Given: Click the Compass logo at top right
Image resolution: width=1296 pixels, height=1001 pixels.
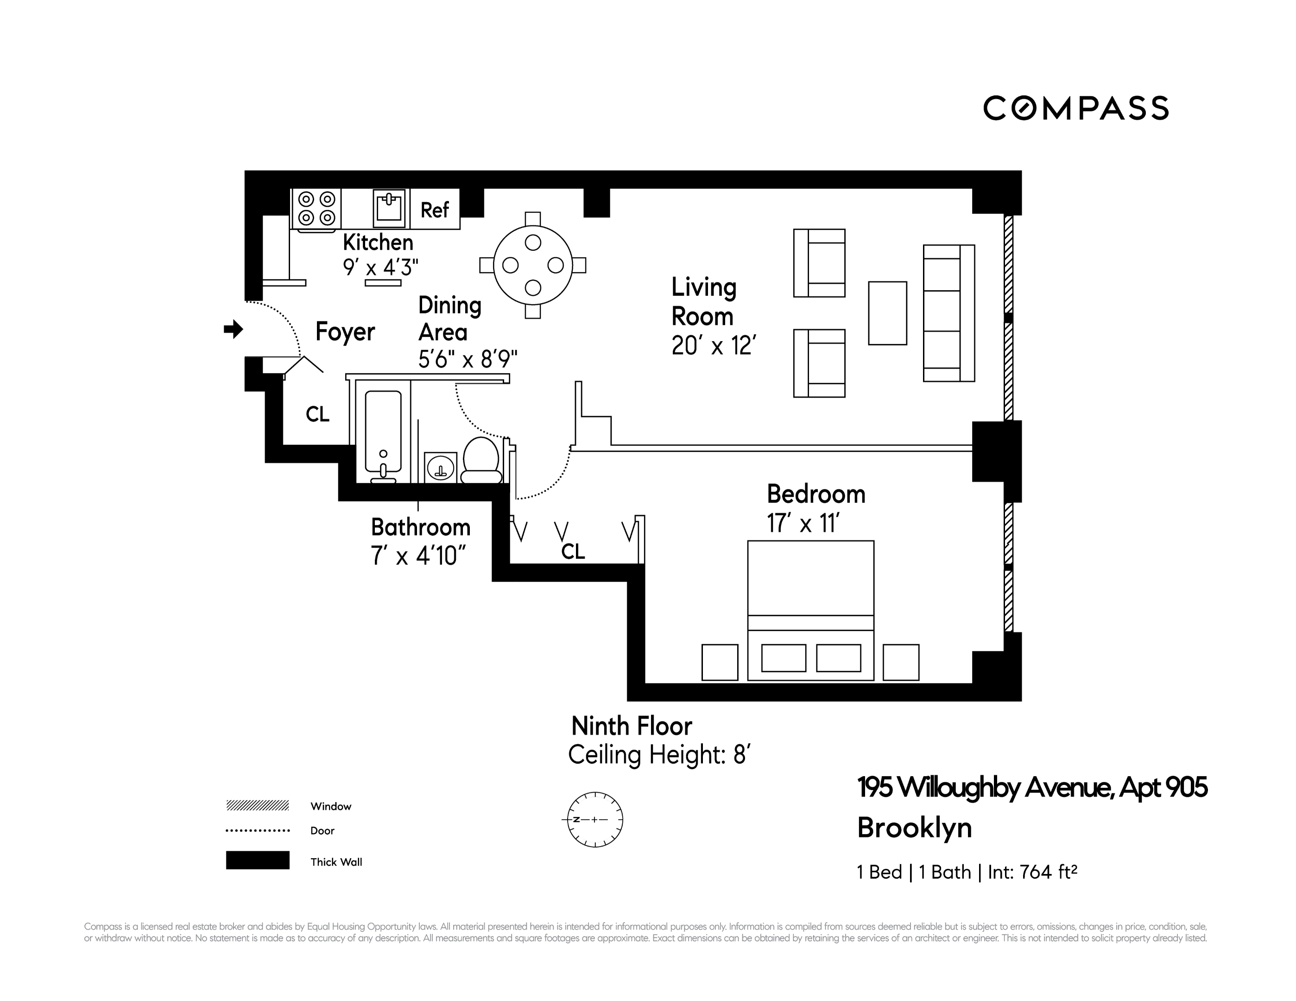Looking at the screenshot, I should tap(1075, 108).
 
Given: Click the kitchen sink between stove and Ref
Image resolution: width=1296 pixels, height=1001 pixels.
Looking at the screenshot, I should tap(389, 208).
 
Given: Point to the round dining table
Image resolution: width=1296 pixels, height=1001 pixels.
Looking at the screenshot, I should tap(533, 265).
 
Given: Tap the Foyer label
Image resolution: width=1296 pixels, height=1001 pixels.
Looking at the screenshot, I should tap(345, 332).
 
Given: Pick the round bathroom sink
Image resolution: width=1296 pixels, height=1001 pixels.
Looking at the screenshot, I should tap(440, 469).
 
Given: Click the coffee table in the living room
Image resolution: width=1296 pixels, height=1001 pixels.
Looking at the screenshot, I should tap(887, 313).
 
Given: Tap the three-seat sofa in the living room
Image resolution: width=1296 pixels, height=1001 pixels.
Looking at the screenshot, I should tap(948, 313).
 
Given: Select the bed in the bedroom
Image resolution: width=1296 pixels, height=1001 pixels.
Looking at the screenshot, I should tap(810, 610).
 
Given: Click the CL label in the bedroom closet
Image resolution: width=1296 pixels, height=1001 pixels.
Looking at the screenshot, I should tap(573, 552).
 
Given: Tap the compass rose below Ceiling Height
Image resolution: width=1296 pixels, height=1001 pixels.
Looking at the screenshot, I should tap(594, 819).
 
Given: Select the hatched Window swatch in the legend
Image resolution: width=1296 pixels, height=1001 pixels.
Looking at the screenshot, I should tap(258, 805).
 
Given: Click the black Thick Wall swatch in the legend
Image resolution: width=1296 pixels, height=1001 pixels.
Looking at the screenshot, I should tap(258, 860).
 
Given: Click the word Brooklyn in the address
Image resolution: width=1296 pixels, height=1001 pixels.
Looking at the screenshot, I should tap(914, 828).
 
